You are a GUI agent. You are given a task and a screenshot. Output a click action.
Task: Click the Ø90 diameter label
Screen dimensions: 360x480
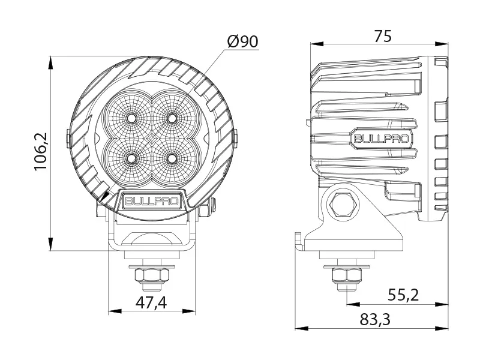242,41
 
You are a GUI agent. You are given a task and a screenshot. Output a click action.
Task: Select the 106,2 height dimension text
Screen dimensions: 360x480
41,152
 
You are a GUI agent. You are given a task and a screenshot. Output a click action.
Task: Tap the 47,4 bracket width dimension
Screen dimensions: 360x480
151,302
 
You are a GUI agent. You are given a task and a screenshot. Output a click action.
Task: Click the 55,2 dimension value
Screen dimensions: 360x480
403,295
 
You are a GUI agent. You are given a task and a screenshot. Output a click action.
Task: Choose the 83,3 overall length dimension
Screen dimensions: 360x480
376,320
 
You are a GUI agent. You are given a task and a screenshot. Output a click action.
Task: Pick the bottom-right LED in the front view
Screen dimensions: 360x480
173,158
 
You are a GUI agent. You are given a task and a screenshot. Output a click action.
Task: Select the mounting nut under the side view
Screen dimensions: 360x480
344,275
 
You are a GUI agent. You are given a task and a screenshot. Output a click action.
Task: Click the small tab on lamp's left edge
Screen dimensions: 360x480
69,137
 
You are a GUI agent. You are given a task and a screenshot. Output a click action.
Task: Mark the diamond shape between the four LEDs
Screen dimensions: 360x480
151,138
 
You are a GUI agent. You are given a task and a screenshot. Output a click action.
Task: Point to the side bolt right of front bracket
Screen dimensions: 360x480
206,209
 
